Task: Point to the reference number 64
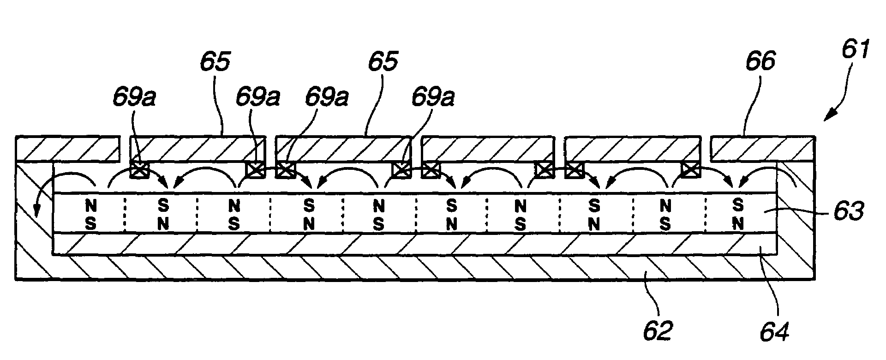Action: pyautogui.click(x=776, y=331)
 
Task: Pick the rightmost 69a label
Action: pyautogui.click(x=432, y=98)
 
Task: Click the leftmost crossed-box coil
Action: pyautogui.click(x=139, y=170)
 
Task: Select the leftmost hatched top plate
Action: pyautogui.click(x=67, y=148)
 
